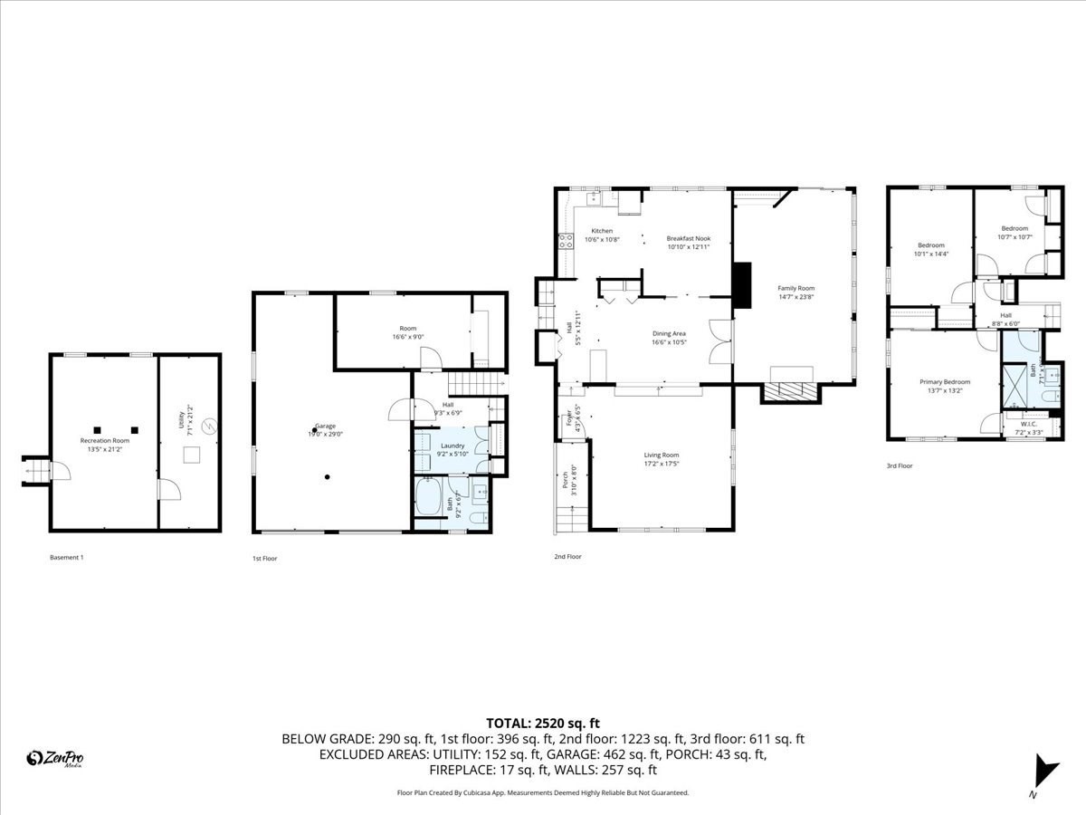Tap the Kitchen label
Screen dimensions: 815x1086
pyautogui.click(x=602, y=231)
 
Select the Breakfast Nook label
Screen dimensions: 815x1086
pyautogui.click(x=689, y=238)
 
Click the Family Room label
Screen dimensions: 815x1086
pyautogui.click(x=796, y=288)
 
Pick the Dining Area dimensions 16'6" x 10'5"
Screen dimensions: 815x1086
pyautogui.click(x=669, y=342)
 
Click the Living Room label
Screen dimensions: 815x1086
pyautogui.click(x=661, y=455)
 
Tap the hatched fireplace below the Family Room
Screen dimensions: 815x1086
pyautogui.click(x=791, y=391)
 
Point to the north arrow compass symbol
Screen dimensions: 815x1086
pyautogui.click(x=1046, y=772)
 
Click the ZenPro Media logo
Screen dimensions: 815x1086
pyautogui.click(x=55, y=759)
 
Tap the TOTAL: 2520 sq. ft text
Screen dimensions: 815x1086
pyautogui.click(x=543, y=723)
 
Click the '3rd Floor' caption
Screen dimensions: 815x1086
pyautogui.click(x=900, y=465)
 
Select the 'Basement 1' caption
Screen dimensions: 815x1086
pyautogui.click(x=66, y=558)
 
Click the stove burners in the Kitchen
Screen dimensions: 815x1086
pyautogui.click(x=567, y=241)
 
